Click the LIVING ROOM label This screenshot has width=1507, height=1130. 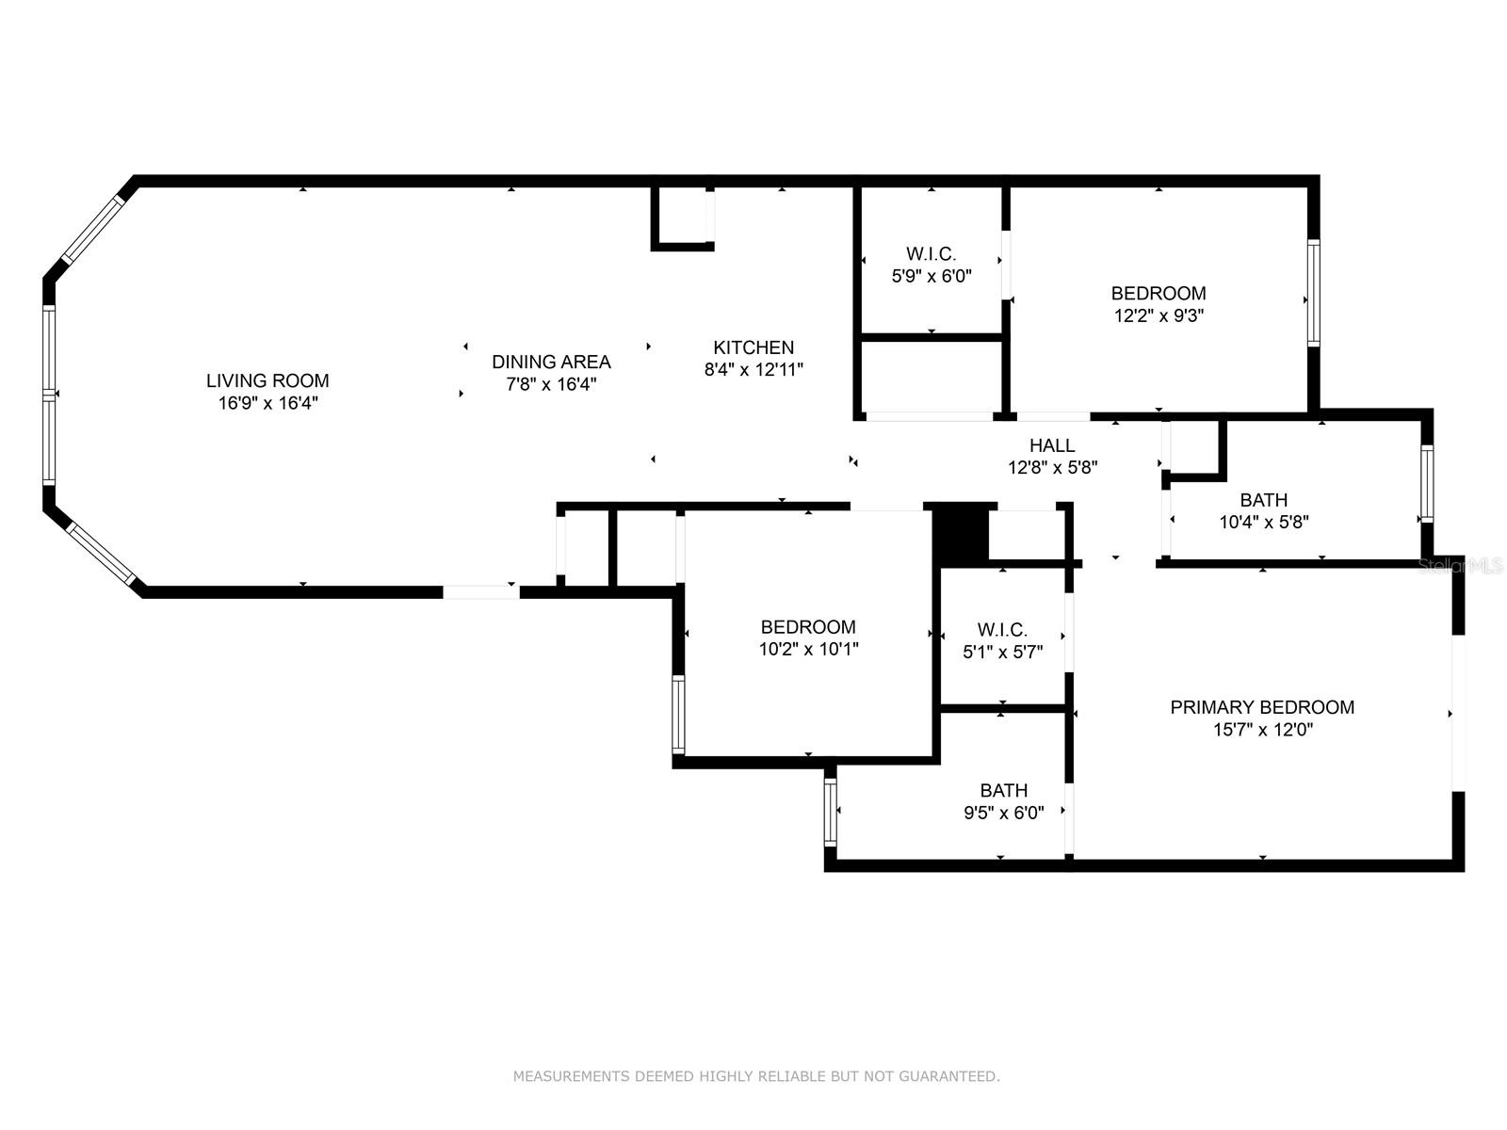(267, 380)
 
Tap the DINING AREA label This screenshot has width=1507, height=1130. (551, 362)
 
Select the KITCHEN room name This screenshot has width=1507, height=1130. (753, 347)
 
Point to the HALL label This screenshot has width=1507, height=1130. (1052, 445)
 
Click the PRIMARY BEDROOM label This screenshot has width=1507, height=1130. (1262, 706)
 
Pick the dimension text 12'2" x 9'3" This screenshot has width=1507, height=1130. (1159, 315)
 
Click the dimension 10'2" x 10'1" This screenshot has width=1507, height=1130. (808, 649)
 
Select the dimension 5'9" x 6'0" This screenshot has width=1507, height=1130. (931, 276)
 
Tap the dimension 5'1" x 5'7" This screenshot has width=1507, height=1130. (1002, 652)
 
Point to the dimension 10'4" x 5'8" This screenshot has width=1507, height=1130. (1263, 522)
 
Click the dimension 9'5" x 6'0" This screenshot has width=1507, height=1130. (1003, 813)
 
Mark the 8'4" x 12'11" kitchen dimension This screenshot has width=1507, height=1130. (753, 370)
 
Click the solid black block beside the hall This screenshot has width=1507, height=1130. (960, 536)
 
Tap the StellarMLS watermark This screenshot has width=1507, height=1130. (1460, 566)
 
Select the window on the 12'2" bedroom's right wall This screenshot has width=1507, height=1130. (1313, 293)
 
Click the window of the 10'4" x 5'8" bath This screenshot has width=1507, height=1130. (1426, 483)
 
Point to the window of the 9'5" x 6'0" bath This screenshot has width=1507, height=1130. (830, 813)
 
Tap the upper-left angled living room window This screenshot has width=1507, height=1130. (92, 230)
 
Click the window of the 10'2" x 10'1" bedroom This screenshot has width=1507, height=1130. (678, 715)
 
